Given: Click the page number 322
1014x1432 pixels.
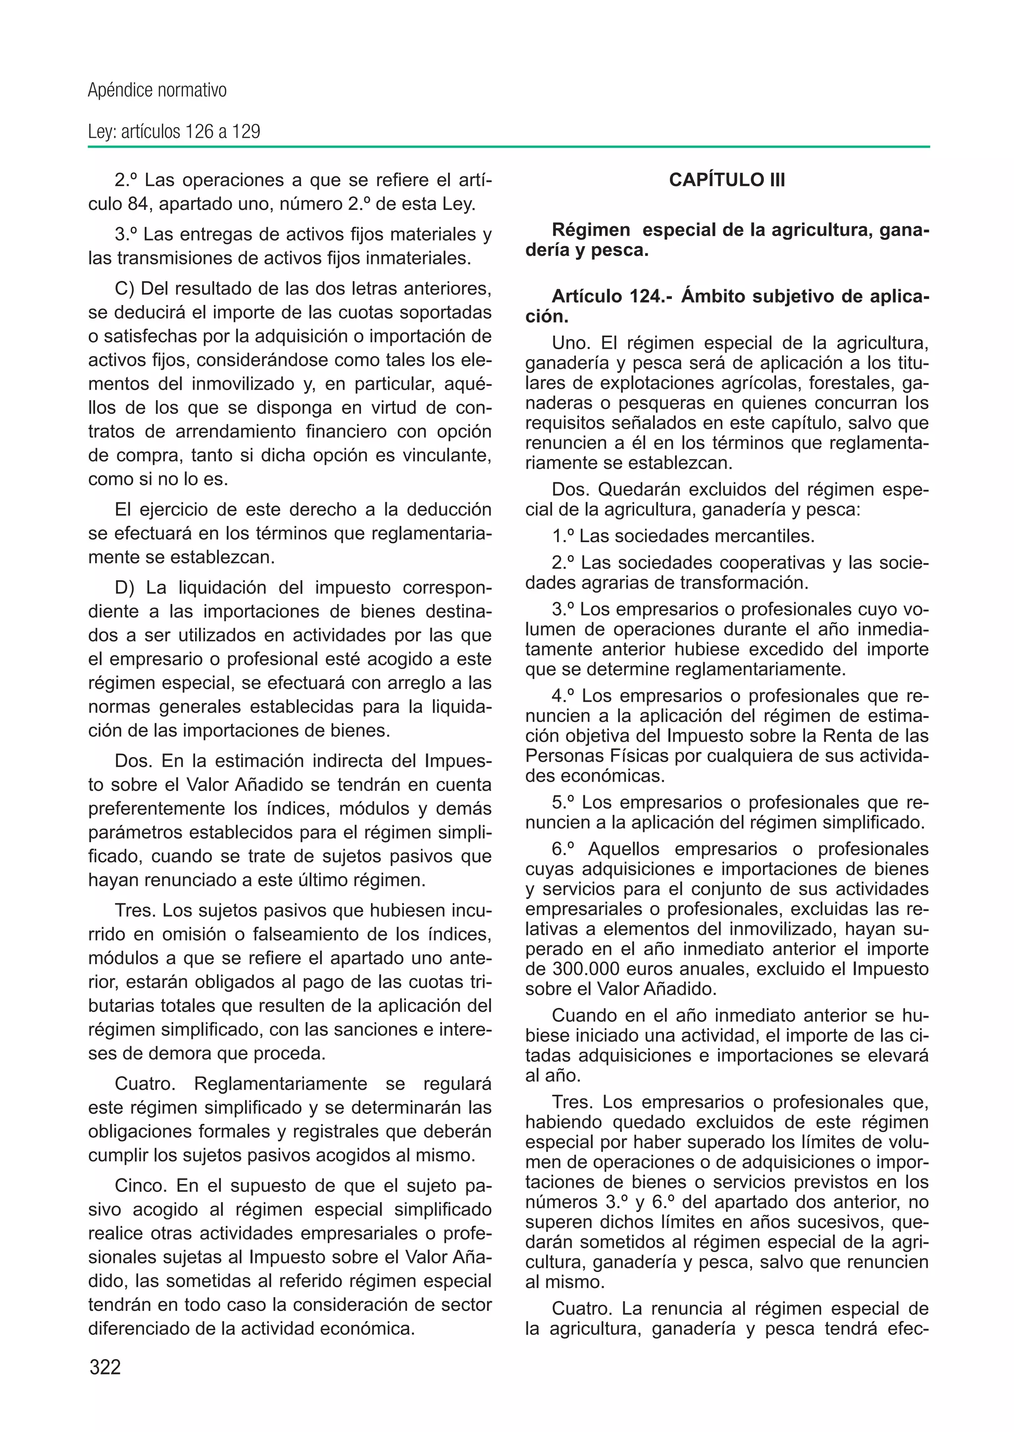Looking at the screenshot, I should pos(105,1367).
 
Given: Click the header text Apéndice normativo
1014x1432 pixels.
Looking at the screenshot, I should pos(157,91).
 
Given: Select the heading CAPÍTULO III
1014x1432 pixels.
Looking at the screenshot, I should pos(727,180).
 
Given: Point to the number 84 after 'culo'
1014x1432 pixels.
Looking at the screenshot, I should pos(136,204).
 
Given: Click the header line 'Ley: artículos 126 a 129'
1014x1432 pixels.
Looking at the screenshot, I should pos(174,132).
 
